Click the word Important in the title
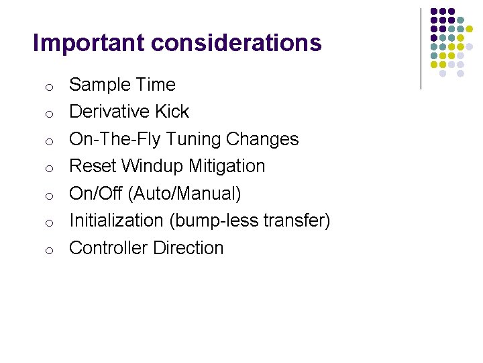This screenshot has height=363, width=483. pos(89,43)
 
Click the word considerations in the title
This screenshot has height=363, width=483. pos(236,43)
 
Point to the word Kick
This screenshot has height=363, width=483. pos(174,112)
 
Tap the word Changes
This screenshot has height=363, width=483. pos(262,139)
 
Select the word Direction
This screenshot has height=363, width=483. pos(188,248)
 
